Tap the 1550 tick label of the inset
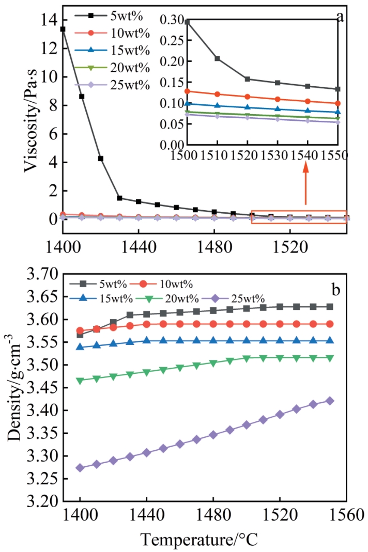coord(338,155)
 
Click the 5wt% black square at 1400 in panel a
coord(63,29)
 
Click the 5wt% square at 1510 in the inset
coord(217,58)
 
